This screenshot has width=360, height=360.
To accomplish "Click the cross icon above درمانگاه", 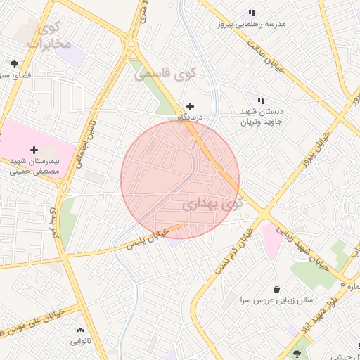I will click(x=190, y=105).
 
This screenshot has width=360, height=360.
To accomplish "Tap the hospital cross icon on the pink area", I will click(x=34, y=149).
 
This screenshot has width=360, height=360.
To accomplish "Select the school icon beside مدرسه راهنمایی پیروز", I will click(x=252, y=13).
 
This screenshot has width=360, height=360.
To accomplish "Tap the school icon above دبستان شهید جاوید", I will click(x=261, y=101).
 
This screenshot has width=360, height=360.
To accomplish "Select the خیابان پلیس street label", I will click(x=148, y=239).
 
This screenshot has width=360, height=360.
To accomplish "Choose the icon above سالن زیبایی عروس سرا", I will click(x=276, y=289).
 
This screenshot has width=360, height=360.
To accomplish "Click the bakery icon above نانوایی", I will click(x=79, y=330).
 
